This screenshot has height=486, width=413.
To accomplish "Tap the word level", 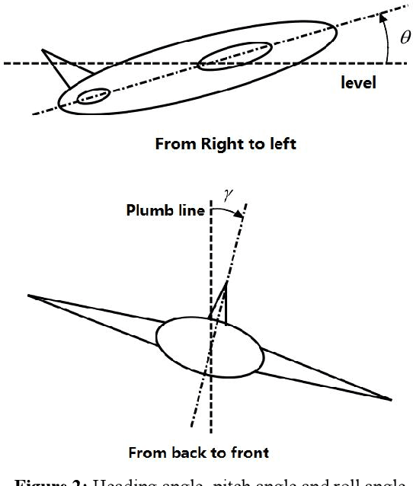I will (357, 82).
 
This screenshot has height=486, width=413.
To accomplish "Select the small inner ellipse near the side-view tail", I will (93, 95).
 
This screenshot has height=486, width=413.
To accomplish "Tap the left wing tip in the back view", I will (30, 296).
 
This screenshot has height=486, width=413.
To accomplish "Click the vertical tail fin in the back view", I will (221, 302).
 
